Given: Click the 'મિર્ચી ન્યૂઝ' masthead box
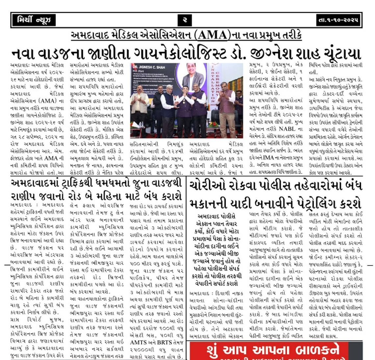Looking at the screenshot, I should (x=33, y=20).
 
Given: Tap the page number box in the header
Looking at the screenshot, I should (x=185, y=20).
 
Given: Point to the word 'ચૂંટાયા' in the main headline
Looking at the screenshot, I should (x=338, y=54).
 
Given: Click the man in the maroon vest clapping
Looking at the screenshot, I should (x=227, y=105).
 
